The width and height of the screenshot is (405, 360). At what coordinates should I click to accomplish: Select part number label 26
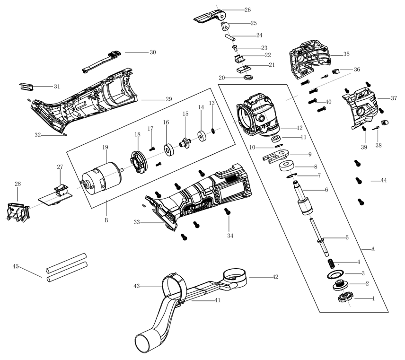(247, 10)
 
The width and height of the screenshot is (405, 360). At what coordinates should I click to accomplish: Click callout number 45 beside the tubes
(16, 266)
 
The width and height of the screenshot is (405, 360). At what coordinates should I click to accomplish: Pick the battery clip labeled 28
(18, 212)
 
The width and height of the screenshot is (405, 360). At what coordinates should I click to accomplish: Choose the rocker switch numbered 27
(62, 190)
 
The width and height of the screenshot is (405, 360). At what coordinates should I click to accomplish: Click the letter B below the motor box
(106, 220)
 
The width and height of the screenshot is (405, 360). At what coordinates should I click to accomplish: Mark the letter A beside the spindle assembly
(373, 249)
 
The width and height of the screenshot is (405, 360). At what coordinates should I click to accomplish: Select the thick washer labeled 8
(287, 166)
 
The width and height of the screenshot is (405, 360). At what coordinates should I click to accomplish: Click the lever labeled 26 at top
(209, 16)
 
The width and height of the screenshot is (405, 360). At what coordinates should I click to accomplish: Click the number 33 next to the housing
(137, 222)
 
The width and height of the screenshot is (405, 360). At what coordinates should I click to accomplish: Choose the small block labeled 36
(335, 71)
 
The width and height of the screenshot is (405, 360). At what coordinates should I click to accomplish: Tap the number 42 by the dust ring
(275, 277)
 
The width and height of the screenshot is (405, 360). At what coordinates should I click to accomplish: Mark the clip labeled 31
(26, 86)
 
